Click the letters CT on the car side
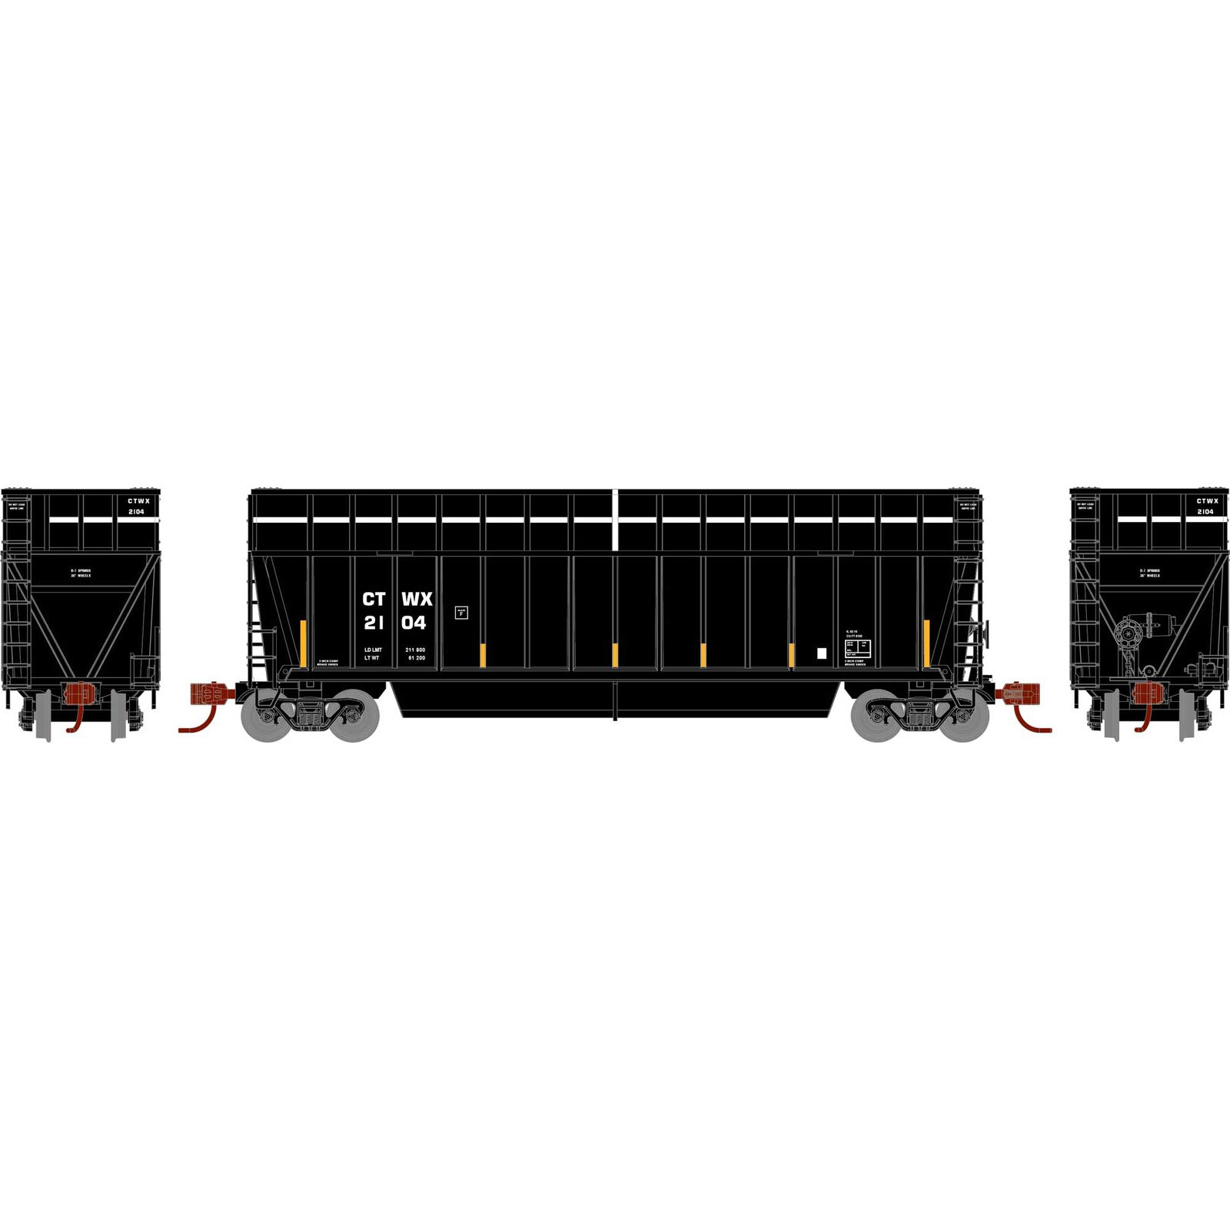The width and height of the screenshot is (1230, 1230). [x=374, y=599]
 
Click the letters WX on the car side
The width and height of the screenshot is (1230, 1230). [x=417, y=599]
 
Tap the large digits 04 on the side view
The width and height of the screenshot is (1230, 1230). [x=414, y=623]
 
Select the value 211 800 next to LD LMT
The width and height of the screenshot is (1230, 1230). [x=415, y=650]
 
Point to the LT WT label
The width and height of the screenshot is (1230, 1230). [x=372, y=658]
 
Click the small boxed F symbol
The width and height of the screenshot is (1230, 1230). [x=461, y=613]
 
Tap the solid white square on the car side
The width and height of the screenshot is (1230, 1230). [x=821, y=654]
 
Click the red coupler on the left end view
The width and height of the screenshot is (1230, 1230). [x=80, y=694]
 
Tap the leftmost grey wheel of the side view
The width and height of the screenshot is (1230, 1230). [x=265, y=716]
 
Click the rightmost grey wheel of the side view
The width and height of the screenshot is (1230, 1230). [x=964, y=716]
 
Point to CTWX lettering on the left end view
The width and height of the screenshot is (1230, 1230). [x=138, y=500]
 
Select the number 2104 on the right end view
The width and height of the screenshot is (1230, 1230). [x=1205, y=511]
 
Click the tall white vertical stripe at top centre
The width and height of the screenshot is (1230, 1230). [x=616, y=519]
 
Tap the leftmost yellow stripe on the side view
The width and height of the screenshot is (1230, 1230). [x=303, y=643]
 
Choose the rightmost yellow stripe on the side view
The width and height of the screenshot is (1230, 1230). [x=926, y=643]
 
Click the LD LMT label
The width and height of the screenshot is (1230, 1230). [x=373, y=650]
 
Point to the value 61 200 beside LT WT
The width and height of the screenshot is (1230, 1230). [x=417, y=658]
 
